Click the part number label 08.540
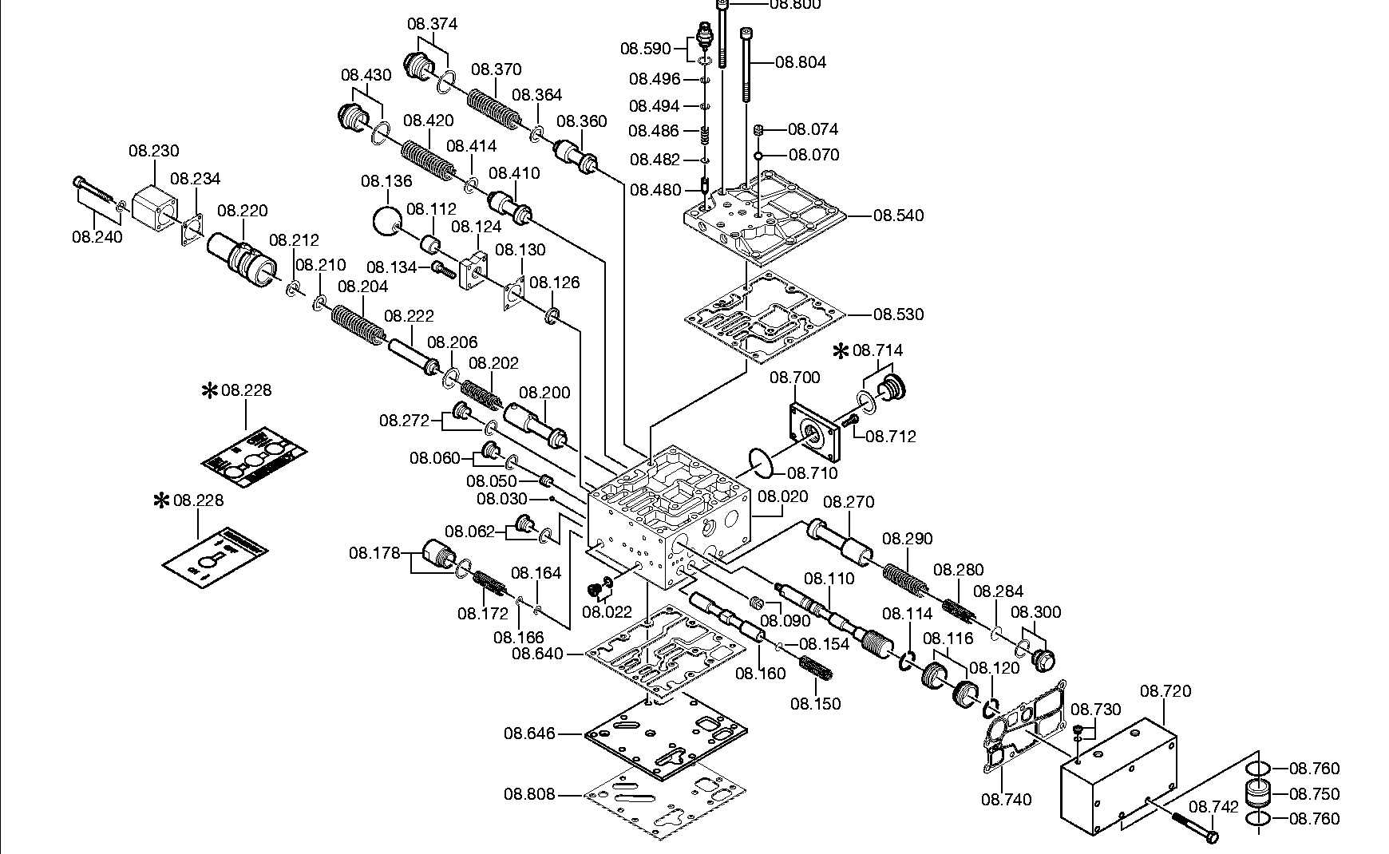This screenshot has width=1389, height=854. tap(898, 215)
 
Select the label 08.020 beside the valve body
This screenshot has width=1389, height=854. tap(782, 496)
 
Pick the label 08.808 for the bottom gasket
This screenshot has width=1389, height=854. tap(528, 795)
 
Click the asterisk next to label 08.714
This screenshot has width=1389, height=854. tap(841, 350)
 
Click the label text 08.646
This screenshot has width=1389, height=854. tap(528, 733)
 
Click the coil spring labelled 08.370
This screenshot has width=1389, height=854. tap(493, 108)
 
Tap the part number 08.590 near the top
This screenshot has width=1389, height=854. tap(646, 49)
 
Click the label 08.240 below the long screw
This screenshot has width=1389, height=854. tap(97, 237)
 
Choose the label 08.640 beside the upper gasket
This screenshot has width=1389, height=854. tap(537, 654)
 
